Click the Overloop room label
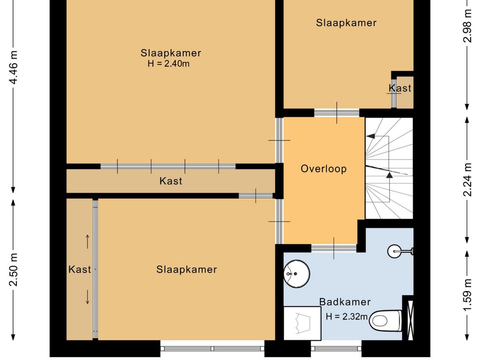click(323, 169)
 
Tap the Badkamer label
click(345, 302)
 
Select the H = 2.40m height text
click(169, 64)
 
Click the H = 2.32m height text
click(347, 316)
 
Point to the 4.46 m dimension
click(14, 67)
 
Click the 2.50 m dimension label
click(14, 270)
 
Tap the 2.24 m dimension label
click(467, 180)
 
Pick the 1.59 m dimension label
click(467, 294)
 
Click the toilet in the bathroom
click(386, 321)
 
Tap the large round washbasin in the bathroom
click(297, 274)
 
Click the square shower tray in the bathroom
click(302, 323)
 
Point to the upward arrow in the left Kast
click(88, 241)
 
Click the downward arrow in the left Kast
click(88, 297)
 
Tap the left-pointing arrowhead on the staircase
click(370, 136)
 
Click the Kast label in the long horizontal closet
click(171, 181)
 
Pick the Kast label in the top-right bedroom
click(400, 88)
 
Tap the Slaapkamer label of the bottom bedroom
click(187, 270)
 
